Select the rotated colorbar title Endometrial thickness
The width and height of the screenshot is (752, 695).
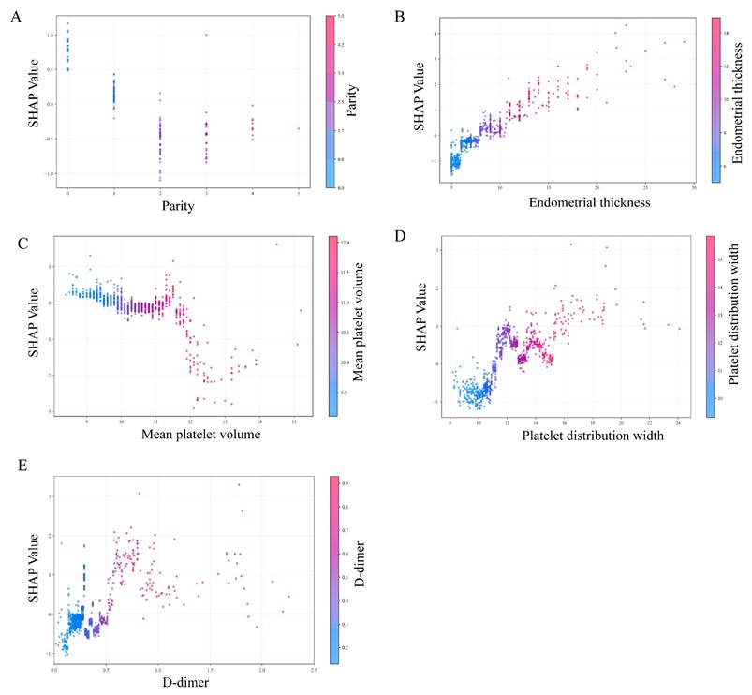739,98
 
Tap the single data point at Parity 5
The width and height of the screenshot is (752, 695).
299,128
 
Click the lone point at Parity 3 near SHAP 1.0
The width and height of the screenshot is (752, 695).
206,35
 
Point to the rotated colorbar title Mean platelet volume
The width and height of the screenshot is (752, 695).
358,324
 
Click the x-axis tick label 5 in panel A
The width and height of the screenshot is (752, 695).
299,193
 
